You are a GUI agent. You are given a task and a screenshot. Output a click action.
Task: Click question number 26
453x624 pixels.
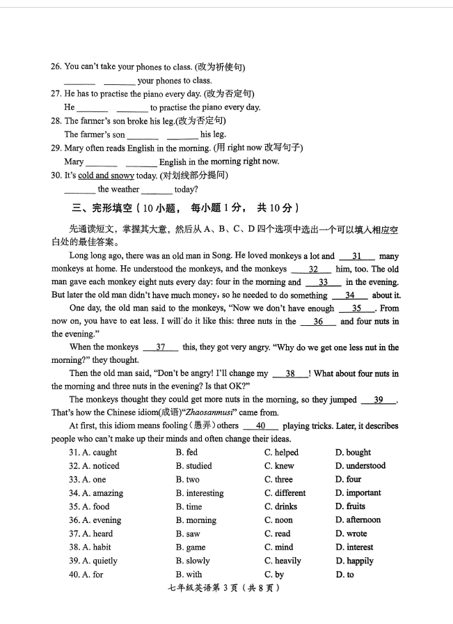tap(56, 67)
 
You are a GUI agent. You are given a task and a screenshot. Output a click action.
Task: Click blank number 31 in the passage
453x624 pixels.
tap(357, 256)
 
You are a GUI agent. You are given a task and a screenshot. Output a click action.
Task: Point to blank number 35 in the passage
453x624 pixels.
tap(356, 309)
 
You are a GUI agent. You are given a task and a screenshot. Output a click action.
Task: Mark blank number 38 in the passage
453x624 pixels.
tap(290, 374)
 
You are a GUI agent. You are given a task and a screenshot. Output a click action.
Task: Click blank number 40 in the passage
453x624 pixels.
tap(261, 426)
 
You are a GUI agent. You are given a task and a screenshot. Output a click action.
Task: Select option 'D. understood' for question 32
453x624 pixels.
tap(360, 466)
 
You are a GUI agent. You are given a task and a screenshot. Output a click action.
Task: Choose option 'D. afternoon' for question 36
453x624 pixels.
tap(358, 520)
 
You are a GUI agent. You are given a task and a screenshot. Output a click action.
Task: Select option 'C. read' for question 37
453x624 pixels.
tap(277, 534)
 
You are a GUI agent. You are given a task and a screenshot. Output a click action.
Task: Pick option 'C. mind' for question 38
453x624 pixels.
tap(278, 547)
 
